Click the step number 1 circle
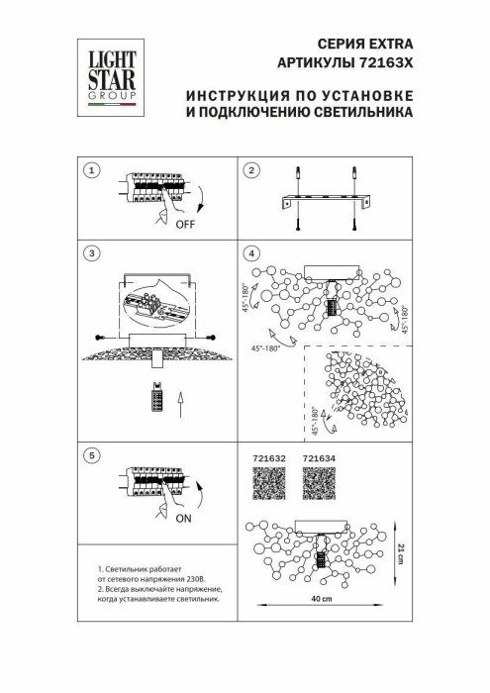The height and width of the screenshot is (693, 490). pos(92,170)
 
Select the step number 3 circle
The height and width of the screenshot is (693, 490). pos(92,253)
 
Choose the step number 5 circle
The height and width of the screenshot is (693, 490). pos(92,455)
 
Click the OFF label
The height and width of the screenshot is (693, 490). pos(184,224)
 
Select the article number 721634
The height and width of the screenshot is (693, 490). pos(319,459)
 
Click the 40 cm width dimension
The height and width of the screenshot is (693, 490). pos(318,602)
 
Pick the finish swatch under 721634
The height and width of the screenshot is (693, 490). pos(319,484)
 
